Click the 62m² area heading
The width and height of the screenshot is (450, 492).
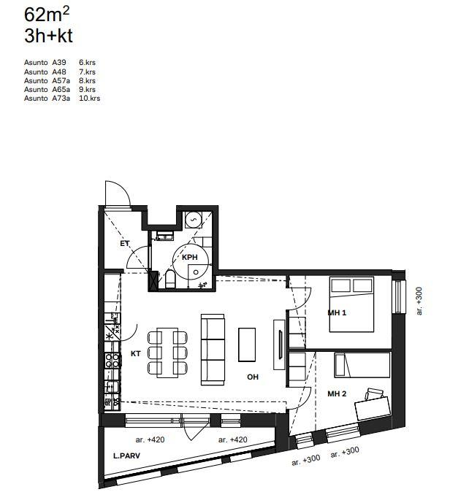(x=47, y=15)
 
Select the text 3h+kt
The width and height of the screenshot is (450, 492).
(x=48, y=36)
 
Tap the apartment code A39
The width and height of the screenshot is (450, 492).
(x=59, y=63)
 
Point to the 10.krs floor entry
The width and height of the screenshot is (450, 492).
(x=90, y=99)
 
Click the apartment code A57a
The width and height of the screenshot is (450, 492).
(x=61, y=80)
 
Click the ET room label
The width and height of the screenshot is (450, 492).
(x=125, y=244)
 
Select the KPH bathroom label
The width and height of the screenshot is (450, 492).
(x=190, y=257)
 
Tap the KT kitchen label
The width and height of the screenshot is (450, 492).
(x=136, y=353)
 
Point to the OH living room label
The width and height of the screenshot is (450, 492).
(x=253, y=377)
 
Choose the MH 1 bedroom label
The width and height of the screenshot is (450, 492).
(x=337, y=312)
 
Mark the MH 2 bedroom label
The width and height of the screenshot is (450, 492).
(x=337, y=393)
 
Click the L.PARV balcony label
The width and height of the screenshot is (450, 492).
(x=126, y=456)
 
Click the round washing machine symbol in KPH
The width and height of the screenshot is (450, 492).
(x=193, y=220)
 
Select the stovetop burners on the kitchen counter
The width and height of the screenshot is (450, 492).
(x=113, y=360)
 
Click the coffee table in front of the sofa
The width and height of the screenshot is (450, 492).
(x=247, y=345)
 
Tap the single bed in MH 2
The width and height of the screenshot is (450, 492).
(x=362, y=364)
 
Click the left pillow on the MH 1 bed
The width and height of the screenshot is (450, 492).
(x=341, y=285)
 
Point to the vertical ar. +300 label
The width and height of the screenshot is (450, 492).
(x=419, y=301)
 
